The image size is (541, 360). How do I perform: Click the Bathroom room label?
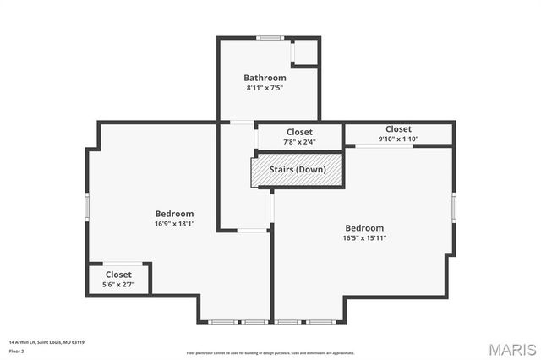click(x=265, y=78)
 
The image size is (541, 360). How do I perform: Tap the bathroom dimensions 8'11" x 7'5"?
click(x=265, y=87)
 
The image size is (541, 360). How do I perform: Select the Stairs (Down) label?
click(x=298, y=169)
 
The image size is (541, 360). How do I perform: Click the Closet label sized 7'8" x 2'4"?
click(x=299, y=132)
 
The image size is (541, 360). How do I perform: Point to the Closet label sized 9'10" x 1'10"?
click(x=398, y=129)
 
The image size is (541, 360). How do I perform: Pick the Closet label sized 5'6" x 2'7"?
click(x=118, y=275)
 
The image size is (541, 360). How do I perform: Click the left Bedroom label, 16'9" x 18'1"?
click(x=174, y=214)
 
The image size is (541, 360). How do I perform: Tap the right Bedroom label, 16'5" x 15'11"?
click(x=364, y=228)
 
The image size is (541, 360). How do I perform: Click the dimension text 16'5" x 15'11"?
click(x=364, y=237)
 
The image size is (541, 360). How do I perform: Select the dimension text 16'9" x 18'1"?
click(x=174, y=224)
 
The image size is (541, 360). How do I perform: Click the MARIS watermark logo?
click(x=512, y=349)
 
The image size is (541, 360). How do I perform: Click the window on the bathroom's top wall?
click(x=270, y=37)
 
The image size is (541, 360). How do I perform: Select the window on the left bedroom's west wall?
click(x=87, y=207)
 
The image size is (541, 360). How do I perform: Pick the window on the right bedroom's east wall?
click(x=453, y=206)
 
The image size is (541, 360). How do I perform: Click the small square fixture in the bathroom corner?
click(x=304, y=52)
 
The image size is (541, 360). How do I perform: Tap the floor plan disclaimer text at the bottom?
click(x=270, y=353)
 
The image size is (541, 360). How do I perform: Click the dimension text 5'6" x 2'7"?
click(x=118, y=284)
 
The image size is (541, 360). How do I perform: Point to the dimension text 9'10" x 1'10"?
click(x=398, y=139)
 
